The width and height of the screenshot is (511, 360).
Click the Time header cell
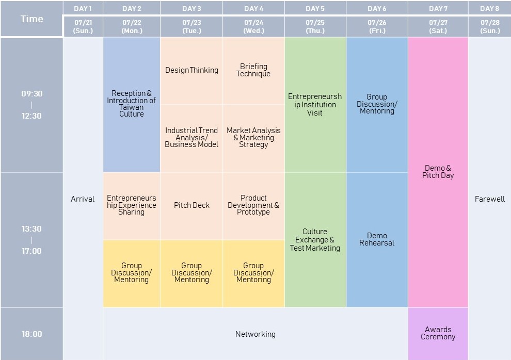(31, 19)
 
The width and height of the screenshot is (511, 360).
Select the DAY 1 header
(83, 8)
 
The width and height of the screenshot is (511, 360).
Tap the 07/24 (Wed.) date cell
(253, 26)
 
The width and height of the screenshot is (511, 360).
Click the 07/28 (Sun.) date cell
(489, 26)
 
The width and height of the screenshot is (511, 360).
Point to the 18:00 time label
(31, 334)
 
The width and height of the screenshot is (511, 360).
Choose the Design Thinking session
(191, 70)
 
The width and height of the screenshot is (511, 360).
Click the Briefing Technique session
(253, 70)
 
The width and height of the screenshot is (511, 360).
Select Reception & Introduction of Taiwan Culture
(131, 104)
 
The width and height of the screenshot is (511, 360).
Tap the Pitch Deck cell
(191, 205)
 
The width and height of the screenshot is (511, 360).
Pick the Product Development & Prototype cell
(253, 205)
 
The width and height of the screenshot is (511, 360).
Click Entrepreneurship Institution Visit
(315, 105)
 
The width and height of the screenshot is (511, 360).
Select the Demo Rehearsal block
(377, 239)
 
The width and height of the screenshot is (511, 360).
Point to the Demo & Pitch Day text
(438, 172)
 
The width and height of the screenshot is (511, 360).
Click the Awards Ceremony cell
(438, 333)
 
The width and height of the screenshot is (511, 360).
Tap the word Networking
(255, 334)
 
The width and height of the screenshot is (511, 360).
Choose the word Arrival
(83, 199)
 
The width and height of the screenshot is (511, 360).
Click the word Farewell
(489, 199)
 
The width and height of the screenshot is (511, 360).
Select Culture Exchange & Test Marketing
(315, 240)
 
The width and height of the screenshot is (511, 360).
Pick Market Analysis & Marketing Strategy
(253, 138)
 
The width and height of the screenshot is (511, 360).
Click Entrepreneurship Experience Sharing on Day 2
(131, 205)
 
